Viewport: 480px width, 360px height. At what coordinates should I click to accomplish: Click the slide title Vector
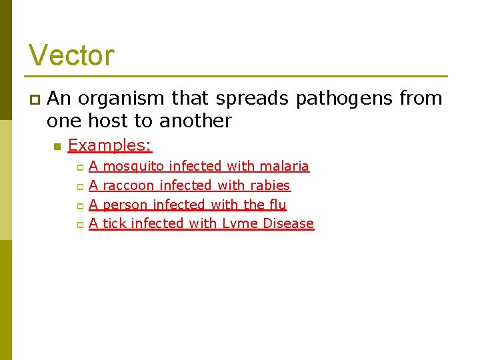point(71,55)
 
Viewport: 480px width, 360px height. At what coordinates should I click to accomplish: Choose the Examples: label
point(110,145)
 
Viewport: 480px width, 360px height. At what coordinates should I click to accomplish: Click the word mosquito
point(133,166)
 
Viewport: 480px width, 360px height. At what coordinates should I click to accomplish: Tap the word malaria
point(285,166)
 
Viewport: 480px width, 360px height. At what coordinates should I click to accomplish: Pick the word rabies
point(270,185)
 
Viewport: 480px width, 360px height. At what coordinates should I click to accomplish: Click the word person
point(125,205)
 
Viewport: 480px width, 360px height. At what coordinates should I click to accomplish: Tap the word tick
point(114,224)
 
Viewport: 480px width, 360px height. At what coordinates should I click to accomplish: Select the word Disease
point(288,224)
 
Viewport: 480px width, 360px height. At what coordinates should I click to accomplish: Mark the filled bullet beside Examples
point(57,146)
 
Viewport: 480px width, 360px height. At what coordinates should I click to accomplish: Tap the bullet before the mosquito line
point(79,167)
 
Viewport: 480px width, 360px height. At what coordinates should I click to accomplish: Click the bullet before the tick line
point(79,225)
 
